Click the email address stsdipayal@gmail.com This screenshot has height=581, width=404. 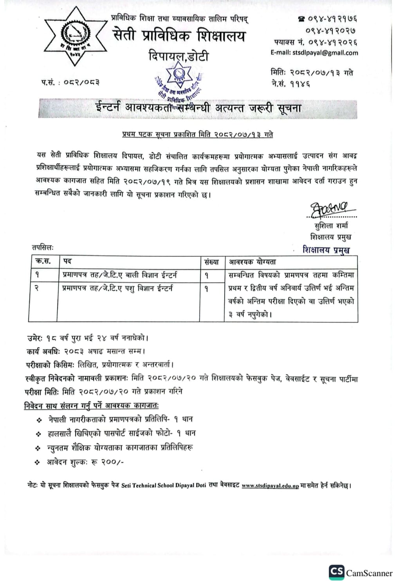[x=314, y=53]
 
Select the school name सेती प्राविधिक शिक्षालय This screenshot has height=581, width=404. [x=179, y=36]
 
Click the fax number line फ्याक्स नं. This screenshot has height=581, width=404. [x=316, y=42]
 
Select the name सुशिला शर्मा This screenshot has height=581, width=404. [x=331, y=226]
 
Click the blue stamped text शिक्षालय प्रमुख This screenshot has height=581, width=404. [x=326, y=250]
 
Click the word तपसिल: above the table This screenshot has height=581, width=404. [x=43, y=247]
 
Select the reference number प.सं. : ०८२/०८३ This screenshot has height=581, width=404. [x=70, y=82]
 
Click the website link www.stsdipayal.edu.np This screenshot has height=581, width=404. [x=270, y=486]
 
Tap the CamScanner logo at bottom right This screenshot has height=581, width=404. [x=360, y=572]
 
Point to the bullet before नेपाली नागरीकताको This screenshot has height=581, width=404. [x=39, y=420]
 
